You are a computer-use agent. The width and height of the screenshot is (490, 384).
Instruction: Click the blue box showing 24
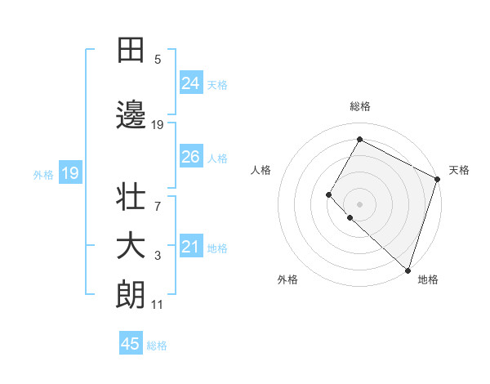[191, 83]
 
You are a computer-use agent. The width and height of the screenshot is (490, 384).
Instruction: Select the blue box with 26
[191, 157]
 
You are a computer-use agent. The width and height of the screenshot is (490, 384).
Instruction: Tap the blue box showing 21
[191, 247]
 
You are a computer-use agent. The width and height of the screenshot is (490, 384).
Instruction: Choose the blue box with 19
[69, 173]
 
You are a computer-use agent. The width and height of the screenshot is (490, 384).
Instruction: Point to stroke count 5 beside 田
[158, 60]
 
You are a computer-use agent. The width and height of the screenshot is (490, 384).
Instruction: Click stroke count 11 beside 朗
[158, 305]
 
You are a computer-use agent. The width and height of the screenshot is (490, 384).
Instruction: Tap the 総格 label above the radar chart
[359, 106]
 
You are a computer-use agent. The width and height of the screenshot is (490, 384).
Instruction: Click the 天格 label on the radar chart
[459, 170]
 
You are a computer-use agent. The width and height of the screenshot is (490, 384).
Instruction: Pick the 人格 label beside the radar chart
[261, 170]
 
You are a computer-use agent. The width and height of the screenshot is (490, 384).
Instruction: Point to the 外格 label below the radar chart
[287, 279]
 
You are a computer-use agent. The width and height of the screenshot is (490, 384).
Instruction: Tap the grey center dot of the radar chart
[359, 203]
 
